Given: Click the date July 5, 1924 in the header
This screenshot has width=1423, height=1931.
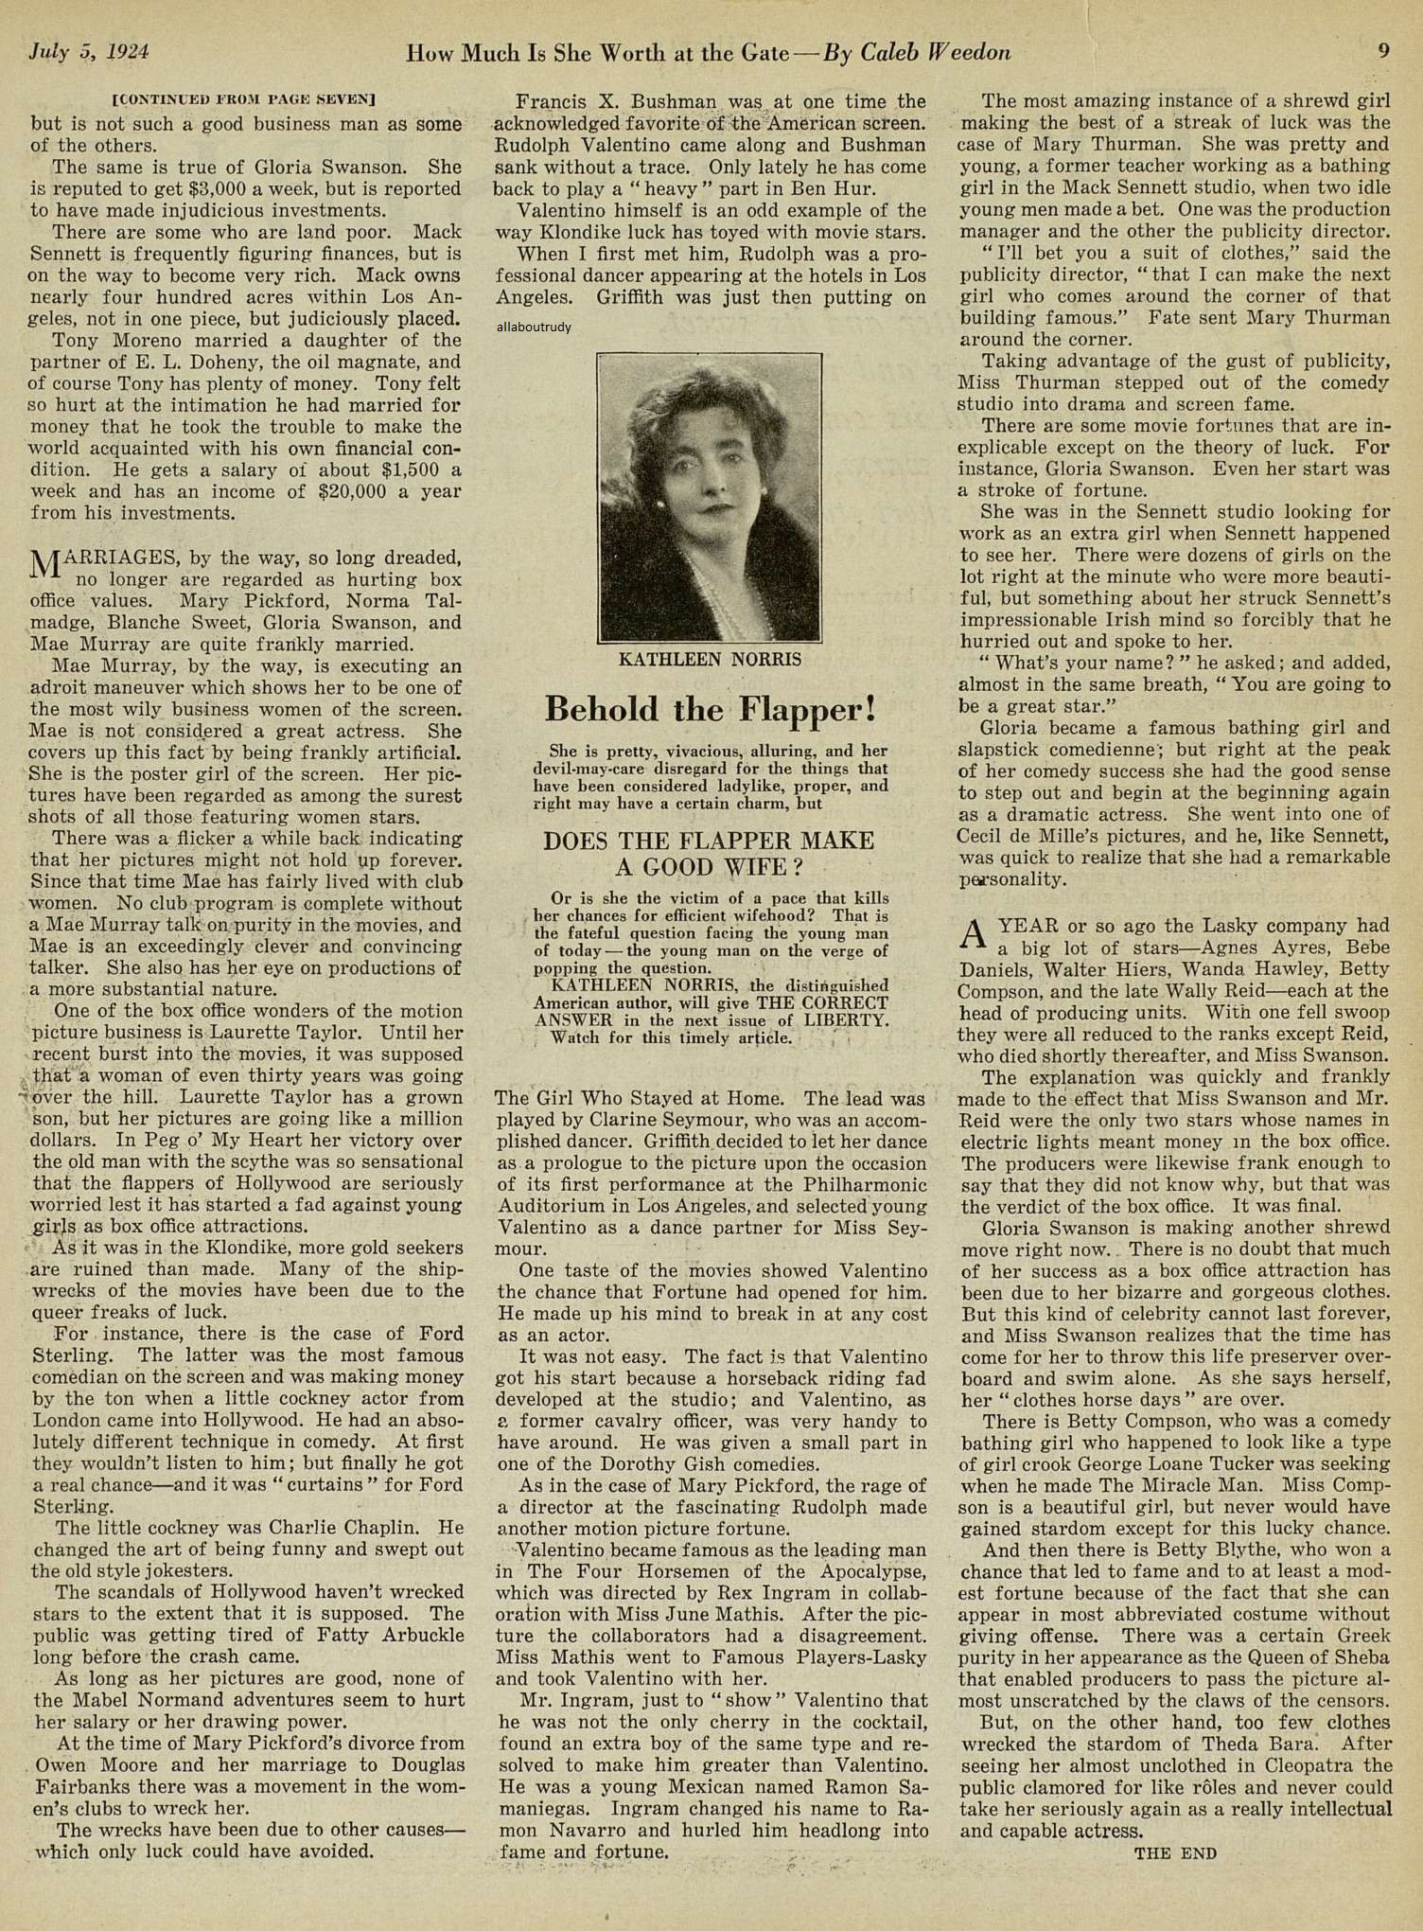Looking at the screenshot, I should [x=90, y=52].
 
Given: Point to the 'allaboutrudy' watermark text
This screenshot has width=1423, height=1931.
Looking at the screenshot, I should [x=533, y=328].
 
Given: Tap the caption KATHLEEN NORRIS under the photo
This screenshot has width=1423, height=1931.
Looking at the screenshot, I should [x=709, y=660].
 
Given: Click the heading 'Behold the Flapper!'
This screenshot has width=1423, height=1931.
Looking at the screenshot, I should [x=710, y=709].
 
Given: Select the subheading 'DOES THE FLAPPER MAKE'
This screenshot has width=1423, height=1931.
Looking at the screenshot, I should [x=709, y=841].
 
